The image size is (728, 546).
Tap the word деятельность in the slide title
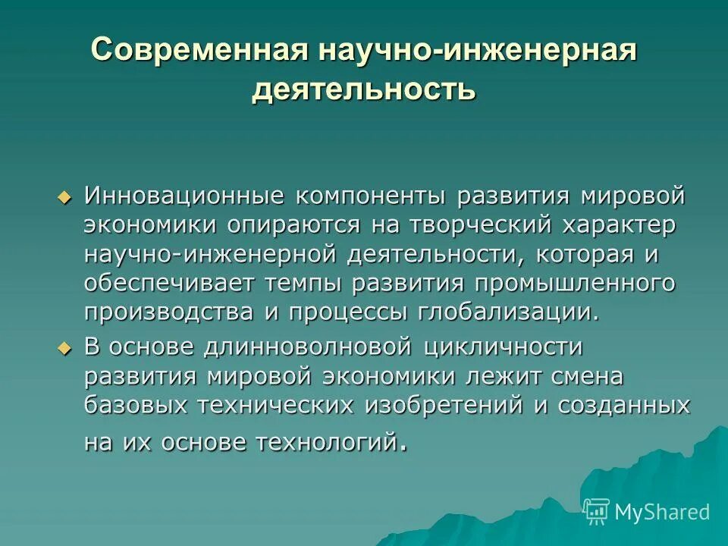pyautogui.click(x=364, y=89)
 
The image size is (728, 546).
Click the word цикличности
pyautogui.click(x=503, y=347)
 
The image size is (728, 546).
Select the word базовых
pyautogui.click(x=136, y=405)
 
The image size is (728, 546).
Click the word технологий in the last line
pyautogui.click(x=333, y=441)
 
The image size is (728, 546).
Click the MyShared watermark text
pyautogui.click(x=662, y=512)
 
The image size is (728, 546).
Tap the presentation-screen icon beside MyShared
pyautogui.click(x=597, y=512)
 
